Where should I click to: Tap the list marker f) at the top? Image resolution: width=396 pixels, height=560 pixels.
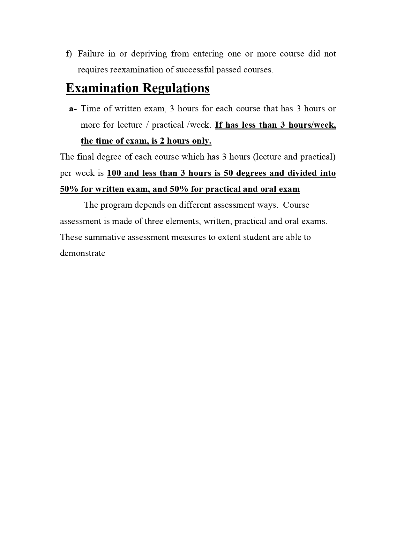(69, 54)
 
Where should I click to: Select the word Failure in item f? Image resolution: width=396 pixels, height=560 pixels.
(91, 54)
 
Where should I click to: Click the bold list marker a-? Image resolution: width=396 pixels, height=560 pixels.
(73, 109)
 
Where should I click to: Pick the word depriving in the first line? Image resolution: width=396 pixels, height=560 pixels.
(149, 54)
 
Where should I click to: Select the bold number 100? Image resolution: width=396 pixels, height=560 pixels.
(114, 173)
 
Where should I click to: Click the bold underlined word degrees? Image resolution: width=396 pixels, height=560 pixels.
(251, 173)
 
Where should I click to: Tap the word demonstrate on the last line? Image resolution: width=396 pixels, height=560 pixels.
(83, 253)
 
